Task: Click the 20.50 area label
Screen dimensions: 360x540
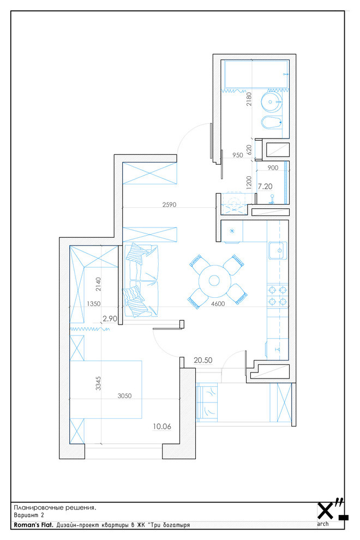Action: point(203,360)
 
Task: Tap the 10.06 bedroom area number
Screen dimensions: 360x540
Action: point(162,427)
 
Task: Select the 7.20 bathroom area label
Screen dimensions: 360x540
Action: point(265,187)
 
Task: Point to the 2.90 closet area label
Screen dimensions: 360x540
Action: point(110,319)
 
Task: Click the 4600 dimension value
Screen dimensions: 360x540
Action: point(218,304)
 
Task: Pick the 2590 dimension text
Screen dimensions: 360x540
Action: point(169,205)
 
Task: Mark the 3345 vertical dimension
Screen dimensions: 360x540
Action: point(99,383)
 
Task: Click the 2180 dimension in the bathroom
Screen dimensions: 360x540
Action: point(249,99)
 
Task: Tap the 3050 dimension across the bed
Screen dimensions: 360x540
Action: point(124,395)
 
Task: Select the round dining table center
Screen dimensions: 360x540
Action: point(214,280)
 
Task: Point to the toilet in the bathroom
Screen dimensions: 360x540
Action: point(272,123)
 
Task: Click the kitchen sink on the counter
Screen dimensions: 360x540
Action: point(277,250)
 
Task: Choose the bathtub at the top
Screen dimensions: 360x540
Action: point(256,74)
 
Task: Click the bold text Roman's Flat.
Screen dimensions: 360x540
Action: point(33,525)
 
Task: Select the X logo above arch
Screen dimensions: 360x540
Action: point(326,511)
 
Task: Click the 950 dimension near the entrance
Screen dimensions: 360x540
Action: point(237,155)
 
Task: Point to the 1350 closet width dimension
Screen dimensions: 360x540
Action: point(94,304)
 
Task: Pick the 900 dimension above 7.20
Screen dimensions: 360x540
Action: point(273,168)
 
